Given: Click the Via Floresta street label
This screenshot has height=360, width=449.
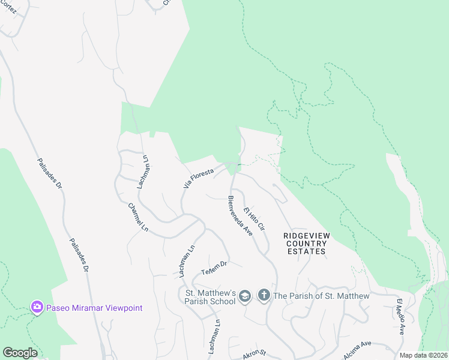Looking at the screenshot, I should (199, 178).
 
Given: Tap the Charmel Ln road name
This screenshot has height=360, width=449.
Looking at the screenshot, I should (137, 217).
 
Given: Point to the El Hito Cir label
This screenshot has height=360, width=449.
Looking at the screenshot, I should (254, 220).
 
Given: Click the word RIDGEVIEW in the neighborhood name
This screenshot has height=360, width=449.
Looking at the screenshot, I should (306, 236).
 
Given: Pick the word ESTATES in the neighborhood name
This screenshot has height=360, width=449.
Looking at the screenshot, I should (306, 251).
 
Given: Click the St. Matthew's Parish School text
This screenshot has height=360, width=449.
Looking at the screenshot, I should (209, 296).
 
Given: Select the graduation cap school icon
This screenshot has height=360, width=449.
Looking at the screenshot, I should (244, 296).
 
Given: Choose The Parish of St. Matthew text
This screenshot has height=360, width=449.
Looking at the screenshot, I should (321, 296).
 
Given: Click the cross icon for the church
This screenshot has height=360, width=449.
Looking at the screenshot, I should (264, 295).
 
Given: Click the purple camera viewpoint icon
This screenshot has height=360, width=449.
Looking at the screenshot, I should (37, 307).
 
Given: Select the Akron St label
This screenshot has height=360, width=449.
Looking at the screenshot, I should (254, 356).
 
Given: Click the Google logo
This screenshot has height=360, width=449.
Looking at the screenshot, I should (20, 353).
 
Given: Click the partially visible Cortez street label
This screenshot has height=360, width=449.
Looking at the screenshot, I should (8, 9).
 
